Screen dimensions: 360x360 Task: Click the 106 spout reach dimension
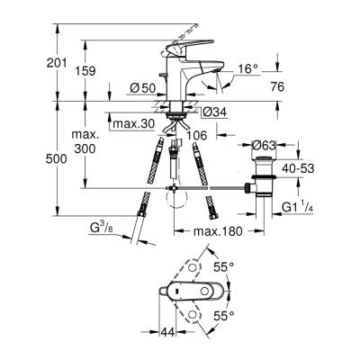point(198,134)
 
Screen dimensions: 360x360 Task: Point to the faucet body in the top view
point(191,292)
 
